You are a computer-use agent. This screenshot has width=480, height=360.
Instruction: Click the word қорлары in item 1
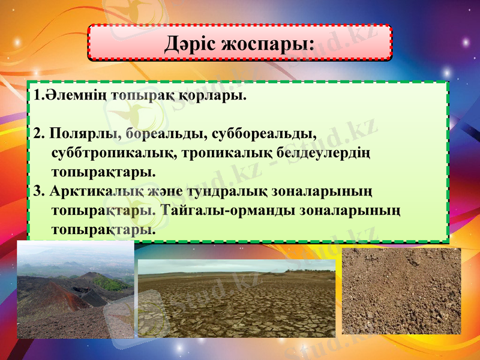214,96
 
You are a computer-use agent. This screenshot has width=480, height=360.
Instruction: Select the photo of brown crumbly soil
401,291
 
